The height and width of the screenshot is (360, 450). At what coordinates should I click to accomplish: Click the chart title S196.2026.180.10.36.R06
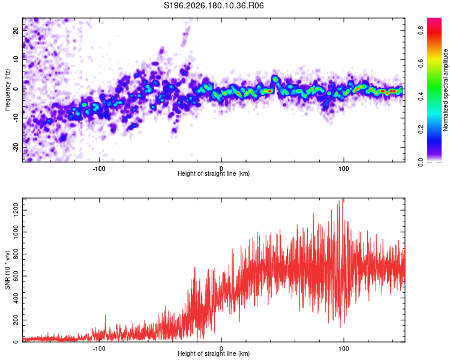pos(214,5)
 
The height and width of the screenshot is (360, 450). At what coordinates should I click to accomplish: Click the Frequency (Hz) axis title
pos(7,90)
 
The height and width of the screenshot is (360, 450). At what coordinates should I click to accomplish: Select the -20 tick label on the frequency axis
pos(16,148)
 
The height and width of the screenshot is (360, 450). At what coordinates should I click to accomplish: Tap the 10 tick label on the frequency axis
pos(16,59)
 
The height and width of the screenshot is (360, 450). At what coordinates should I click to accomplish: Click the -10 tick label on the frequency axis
pos(16,118)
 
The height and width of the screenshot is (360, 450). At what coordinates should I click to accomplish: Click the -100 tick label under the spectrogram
pos(99,169)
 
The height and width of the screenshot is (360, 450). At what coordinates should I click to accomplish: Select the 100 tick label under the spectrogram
pos(344,169)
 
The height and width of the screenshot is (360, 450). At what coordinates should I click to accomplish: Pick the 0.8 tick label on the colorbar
pos(421,30)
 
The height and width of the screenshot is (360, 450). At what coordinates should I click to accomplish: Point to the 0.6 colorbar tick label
pos(421,63)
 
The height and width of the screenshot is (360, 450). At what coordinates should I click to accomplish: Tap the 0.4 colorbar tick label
pos(421,96)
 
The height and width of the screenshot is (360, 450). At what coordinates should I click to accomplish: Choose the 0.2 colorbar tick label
pos(421,129)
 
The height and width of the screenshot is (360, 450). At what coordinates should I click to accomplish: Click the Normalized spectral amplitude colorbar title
pos(445,90)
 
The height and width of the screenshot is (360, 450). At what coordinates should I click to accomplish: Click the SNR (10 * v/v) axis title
pos(7,270)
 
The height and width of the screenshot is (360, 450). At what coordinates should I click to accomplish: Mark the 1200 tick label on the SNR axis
pos(16,210)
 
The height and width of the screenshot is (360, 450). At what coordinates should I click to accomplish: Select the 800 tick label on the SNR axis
pos(16,254)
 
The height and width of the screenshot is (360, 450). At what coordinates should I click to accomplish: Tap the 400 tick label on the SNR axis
pos(16,298)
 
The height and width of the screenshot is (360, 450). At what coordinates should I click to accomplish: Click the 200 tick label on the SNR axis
pos(16,320)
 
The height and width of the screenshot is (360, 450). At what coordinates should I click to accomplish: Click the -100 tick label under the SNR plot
pos(99,349)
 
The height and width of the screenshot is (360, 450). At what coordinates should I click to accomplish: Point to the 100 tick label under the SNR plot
pos(344,349)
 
